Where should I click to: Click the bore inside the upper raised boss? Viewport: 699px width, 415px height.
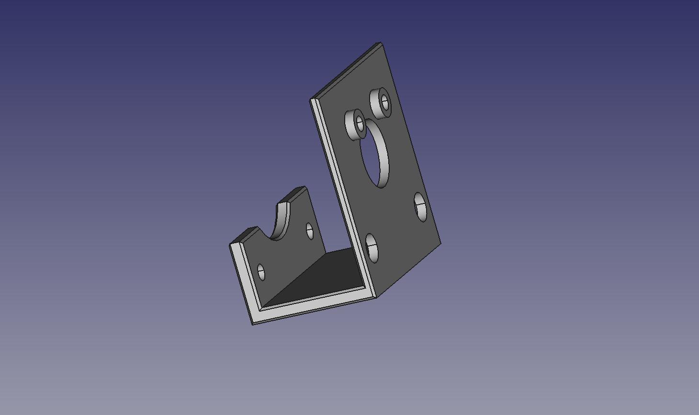[384, 101]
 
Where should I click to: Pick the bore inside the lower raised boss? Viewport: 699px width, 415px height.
[360, 124]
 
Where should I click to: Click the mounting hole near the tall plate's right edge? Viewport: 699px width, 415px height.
[420, 207]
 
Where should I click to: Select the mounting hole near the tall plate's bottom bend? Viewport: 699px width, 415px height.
[372, 248]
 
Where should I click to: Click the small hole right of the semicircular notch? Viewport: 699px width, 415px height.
[309, 231]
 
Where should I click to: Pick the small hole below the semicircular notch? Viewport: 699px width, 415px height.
[261, 272]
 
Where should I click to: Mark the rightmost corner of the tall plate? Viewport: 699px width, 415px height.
[440, 244]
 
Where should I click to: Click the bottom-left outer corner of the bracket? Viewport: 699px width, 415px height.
[253, 324]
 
